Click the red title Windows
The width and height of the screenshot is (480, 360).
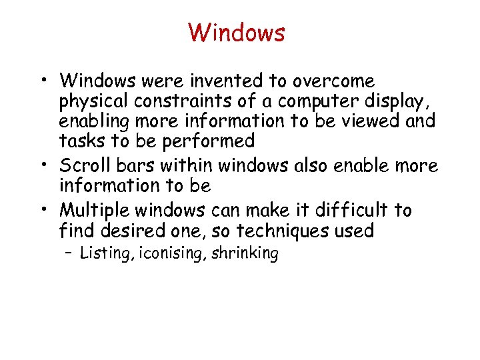point(237,32)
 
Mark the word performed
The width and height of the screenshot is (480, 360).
point(209,141)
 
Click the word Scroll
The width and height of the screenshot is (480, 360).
point(84,166)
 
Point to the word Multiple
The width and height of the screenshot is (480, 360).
point(94,211)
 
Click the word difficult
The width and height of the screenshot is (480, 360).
point(345,211)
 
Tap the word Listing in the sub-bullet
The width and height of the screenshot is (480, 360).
point(105,253)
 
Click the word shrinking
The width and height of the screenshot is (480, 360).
point(245,253)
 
